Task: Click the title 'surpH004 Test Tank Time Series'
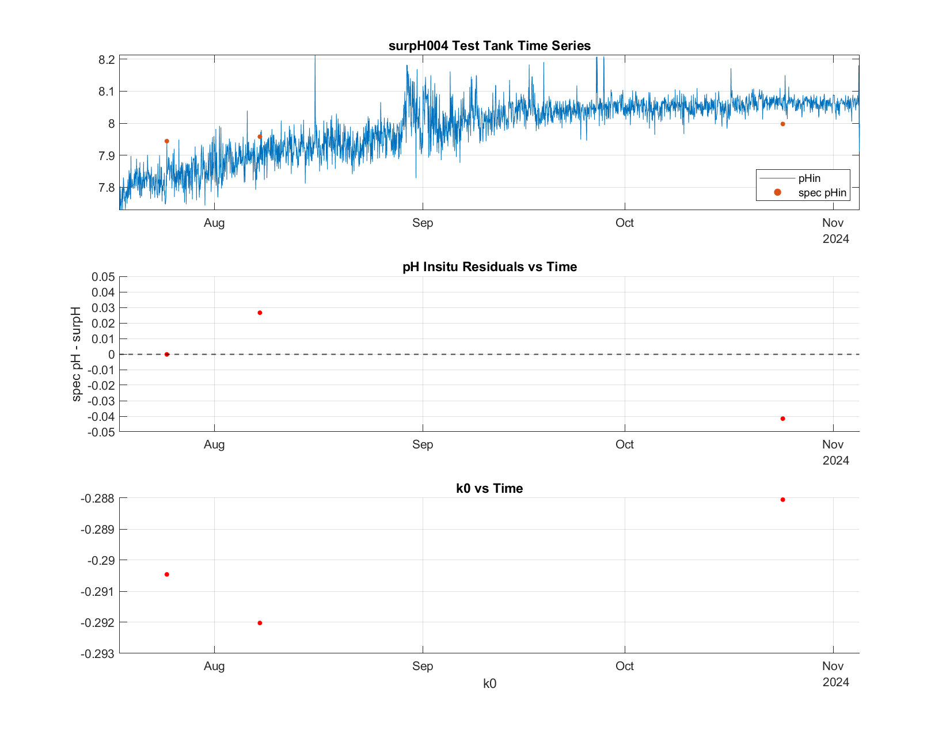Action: (489, 45)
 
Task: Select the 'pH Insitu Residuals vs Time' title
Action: (489, 267)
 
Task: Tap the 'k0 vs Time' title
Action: (489, 488)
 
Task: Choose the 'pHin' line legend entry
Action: (790, 178)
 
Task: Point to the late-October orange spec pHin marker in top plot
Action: (782, 124)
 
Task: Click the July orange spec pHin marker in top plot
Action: (166, 141)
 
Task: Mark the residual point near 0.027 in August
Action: (260, 313)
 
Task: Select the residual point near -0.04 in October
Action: (782, 419)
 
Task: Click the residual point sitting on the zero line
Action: (166, 354)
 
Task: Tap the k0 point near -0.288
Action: (782, 500)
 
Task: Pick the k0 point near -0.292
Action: (260, 623)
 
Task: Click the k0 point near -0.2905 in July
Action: (166, 575)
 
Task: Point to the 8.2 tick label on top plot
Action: (107, 60)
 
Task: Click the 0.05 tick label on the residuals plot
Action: (103, 277)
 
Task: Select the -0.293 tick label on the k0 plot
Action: (97, 653)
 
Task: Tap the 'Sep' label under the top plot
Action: (423, 223)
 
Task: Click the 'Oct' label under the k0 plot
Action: (624, 666)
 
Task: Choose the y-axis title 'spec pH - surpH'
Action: (76, 354)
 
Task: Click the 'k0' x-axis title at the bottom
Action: (489, 683)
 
